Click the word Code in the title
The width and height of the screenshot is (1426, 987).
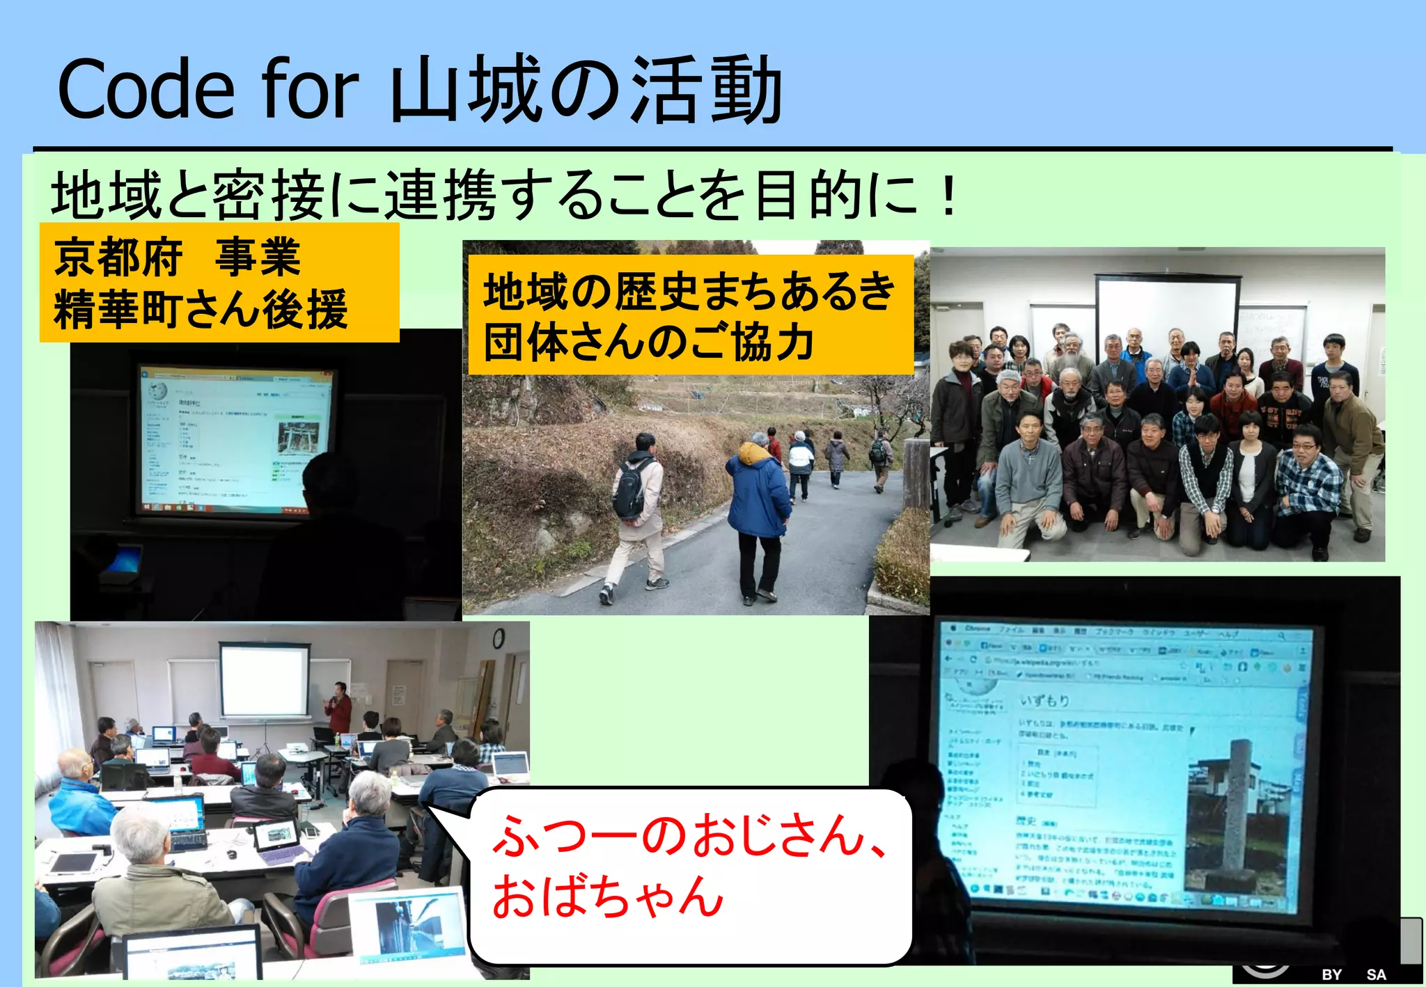point(146,90)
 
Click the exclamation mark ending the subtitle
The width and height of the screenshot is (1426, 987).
point(948,196)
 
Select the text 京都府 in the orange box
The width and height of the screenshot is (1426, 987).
point(118,257)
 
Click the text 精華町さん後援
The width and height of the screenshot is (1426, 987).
point(201,310)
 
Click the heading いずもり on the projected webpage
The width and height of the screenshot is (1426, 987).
point(1044,700)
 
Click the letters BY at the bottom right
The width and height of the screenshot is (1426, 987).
point(1331,974)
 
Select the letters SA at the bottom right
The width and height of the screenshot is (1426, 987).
point(1376,974)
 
